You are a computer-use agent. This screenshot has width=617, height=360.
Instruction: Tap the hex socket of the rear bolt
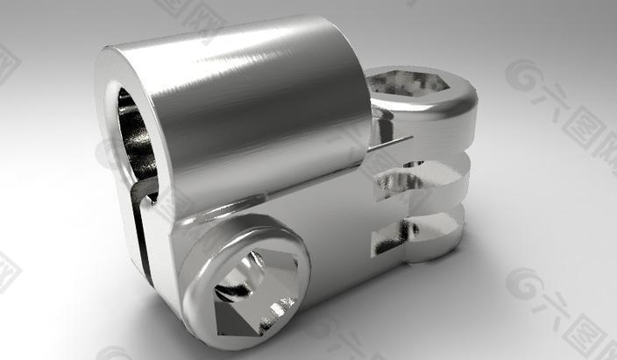pos(412,85)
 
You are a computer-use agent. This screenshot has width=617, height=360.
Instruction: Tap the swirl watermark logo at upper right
pos(523,78)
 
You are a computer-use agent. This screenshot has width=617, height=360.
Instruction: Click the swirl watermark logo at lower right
pos(523,286)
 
